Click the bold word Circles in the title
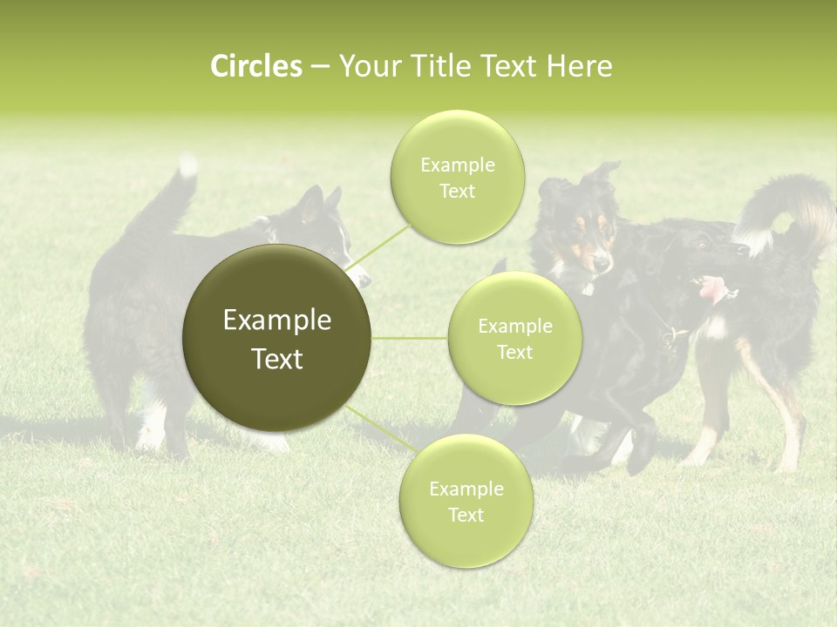click(x=255, y=66)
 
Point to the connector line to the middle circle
click(x=410, y=338)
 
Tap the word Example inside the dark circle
click(x=277, y=320)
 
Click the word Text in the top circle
click(x=457, y=192)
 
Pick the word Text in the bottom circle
click(x=466, y=516)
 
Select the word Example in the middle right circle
click(x=514, y=327)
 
